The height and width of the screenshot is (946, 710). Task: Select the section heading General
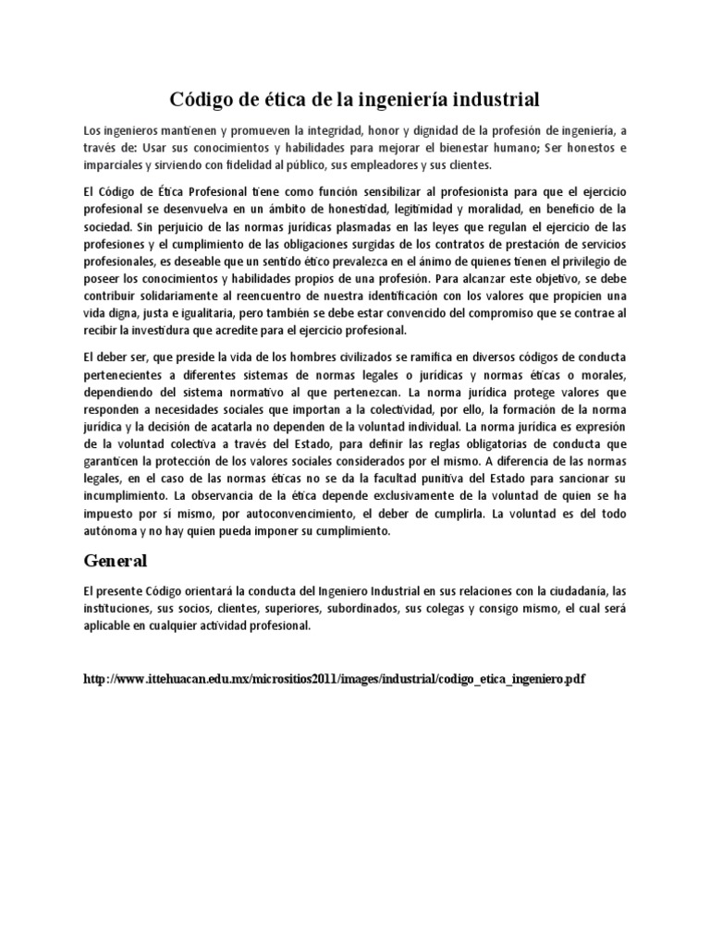[x=116, y=560]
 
